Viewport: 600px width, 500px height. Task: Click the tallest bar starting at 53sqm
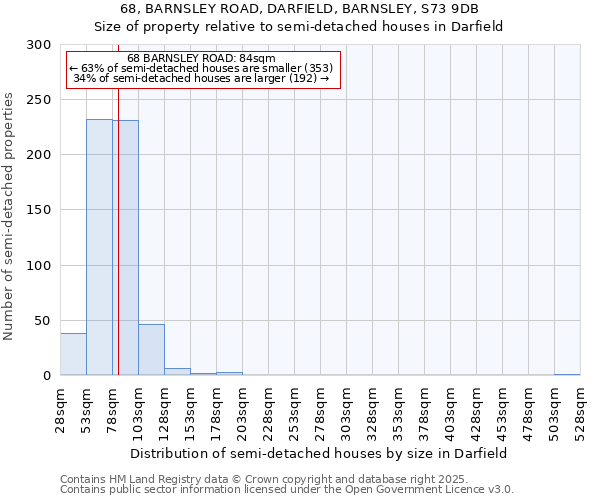pyautogui.click(x=99, y=247)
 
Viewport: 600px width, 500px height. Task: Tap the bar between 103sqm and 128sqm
pyautogui.click(x=151, y=350)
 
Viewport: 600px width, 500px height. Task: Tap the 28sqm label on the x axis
pyautogui.click(x=61, y=409)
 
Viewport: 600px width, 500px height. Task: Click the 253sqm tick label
pyautogui.click(x=295, y=409)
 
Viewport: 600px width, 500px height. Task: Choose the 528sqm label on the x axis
pyautogui.click(x=581, y=409)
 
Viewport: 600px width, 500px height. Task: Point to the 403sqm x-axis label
pyautogui.click(x=451, y=409)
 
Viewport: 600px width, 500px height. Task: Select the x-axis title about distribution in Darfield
pyautogui.click(x=319, y=453)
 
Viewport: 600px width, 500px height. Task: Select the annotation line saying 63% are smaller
pyautogui.click(x=203, y=68)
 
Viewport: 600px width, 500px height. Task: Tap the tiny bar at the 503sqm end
pyautogui.click(x=567, y=374)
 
